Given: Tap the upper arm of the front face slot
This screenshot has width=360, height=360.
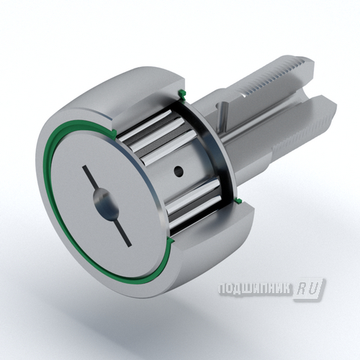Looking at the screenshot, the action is [x=90, y=178].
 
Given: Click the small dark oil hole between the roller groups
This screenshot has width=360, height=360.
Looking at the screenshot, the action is [x=179, y=171].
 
